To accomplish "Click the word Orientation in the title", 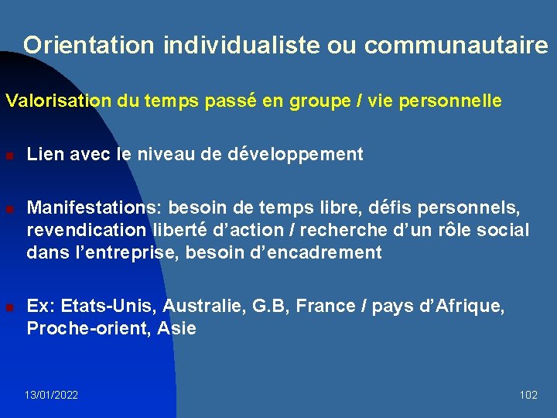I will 89,46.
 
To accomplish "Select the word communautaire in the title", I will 456,46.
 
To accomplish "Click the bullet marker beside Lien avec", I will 9,156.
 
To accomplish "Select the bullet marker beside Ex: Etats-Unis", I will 9,307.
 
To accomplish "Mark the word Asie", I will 177,328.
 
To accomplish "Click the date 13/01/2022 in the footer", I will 51,395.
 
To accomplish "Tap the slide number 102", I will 528,395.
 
